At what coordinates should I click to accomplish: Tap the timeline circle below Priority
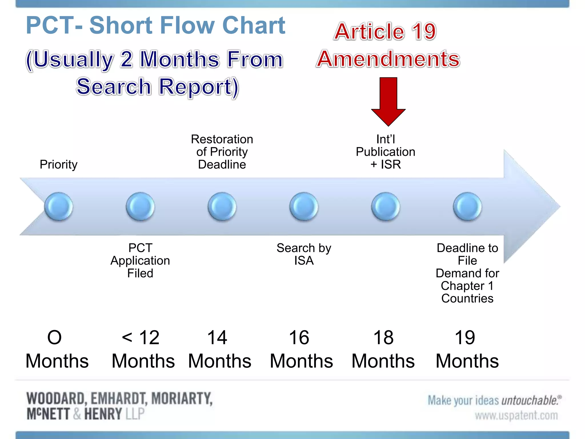(59, 206)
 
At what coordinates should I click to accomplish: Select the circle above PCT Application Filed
(140, 206)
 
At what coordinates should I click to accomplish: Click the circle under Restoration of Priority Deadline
(222, 206)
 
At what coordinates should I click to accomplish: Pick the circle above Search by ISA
(304, 206)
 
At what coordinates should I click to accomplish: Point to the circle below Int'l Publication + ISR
(386, 206)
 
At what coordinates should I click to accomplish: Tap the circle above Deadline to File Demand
(467, 206)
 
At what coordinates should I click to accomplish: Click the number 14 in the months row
(217, 338)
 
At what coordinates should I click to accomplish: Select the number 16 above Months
(299, 338)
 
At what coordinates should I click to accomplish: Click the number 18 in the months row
(383, 338)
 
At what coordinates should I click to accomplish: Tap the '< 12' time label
(141, 338)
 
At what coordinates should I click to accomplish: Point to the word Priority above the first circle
(59, 164)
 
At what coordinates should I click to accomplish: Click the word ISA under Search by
(304, 261)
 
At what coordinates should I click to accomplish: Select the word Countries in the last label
(467, 298)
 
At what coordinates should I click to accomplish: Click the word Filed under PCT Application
(140, 273)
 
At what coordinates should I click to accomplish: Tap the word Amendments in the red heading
(388, 59)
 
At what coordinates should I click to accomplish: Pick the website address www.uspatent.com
(516, 415)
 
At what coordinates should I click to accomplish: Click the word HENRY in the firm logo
(103, 414)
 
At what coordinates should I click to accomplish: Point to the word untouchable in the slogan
(530, 400)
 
